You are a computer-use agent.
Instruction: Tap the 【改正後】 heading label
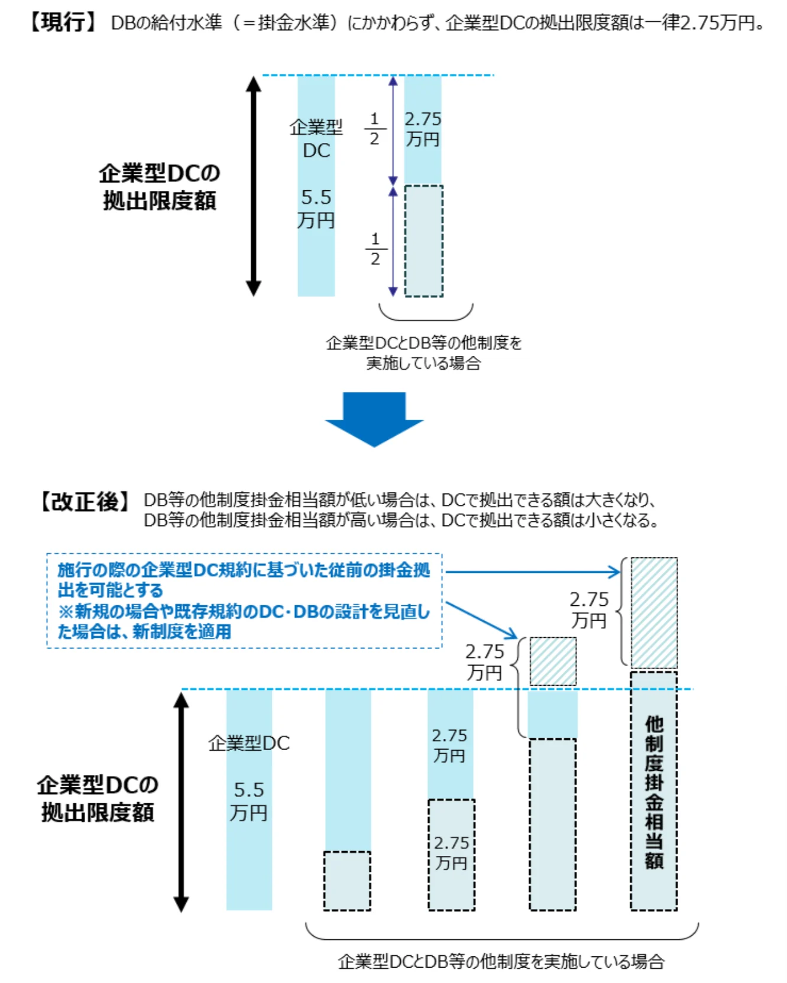coord(85,502)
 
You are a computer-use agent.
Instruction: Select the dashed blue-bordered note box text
coord(244,601)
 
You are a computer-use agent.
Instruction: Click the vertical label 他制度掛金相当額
coord(654,792)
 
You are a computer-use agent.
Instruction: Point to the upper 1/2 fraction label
coord(374,129)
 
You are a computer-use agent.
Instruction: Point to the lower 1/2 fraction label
coord(375,249)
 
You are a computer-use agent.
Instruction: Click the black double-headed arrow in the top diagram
coord(254,186)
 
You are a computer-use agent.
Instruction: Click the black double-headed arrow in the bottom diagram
coord(182,801)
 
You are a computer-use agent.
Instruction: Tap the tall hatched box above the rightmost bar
coord(654,612)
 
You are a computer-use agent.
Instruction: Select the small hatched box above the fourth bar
coord(553,661)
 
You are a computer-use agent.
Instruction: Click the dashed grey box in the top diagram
coord(423,241)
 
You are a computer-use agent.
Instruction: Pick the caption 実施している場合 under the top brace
coord(423,363)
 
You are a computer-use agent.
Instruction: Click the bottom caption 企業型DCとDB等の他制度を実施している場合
coord(501,962)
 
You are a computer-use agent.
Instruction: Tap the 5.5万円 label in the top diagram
coord(316,209)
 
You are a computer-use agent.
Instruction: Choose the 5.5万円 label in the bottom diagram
coord(249,801)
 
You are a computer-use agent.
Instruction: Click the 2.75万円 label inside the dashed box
coord(451,853)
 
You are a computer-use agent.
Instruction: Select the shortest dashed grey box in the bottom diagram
coord(347,880)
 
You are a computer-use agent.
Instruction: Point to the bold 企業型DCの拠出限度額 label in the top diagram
coord(160,187)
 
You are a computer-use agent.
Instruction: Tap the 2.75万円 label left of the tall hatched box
coord(589,609)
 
